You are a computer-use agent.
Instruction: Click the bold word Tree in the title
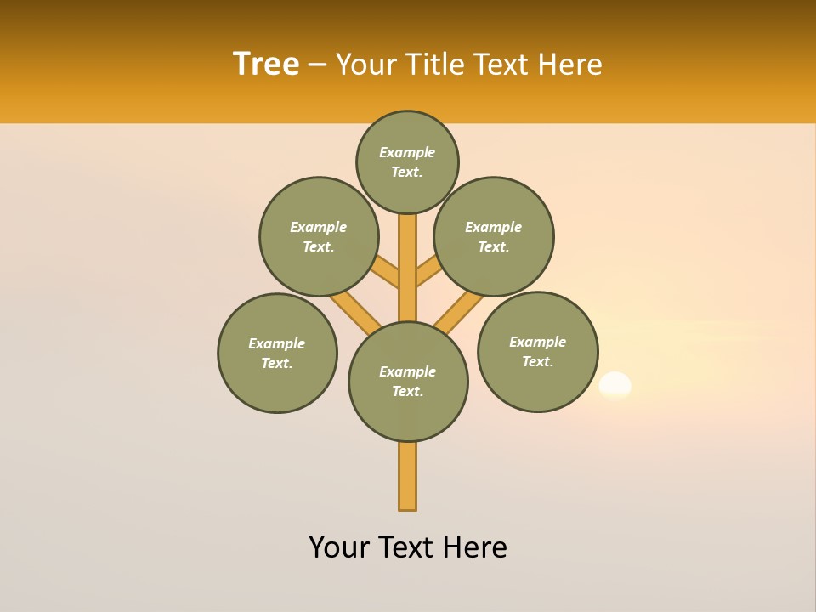point(266,64)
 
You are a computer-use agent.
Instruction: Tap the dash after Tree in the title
point(317,65)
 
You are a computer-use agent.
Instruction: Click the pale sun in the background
point(615,385)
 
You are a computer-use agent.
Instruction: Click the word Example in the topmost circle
point(407,152)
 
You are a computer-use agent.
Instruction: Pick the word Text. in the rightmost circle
point(538,362)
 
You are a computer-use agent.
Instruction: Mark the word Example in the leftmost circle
point(276,343)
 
